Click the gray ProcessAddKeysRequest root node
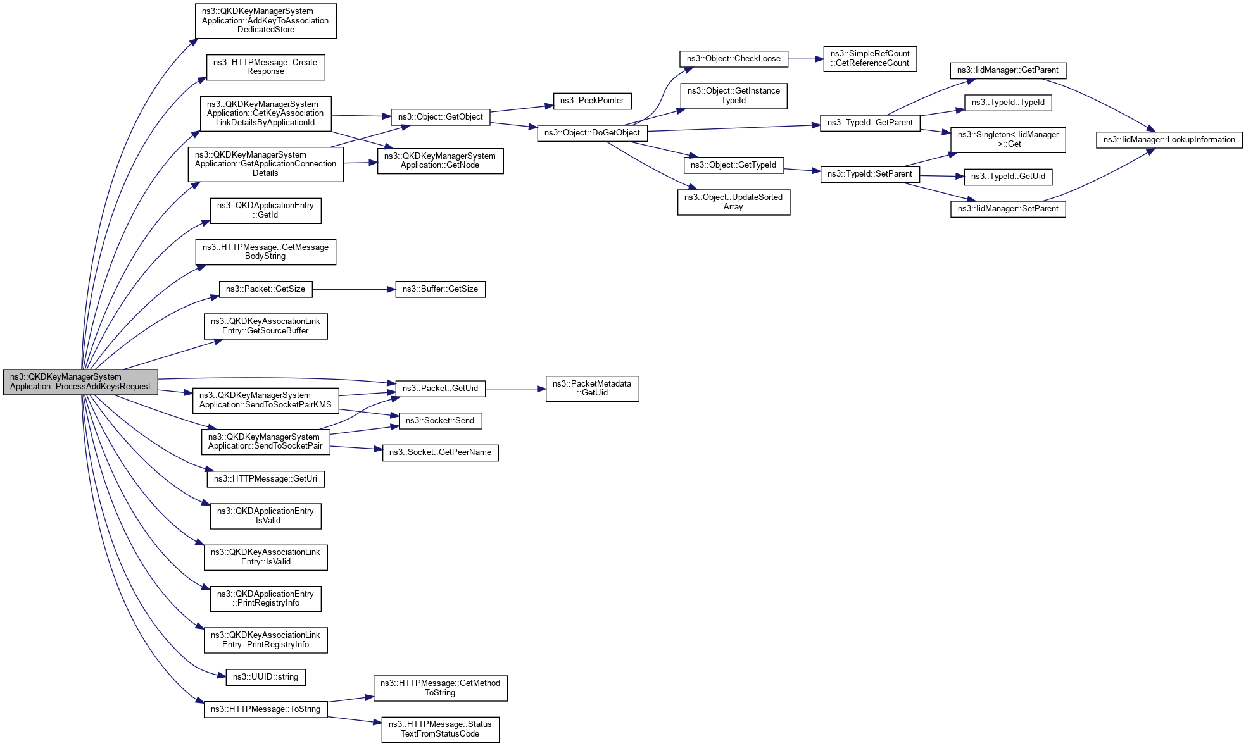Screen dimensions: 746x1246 coord(80,382)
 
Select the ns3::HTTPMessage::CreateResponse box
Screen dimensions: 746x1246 coord(265,67)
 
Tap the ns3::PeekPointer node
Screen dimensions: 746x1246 coord(591,101)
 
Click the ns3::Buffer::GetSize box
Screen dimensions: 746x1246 coord(440,289)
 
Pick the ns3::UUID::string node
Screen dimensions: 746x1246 coord(265,677)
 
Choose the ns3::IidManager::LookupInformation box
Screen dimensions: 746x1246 coord(1169,140)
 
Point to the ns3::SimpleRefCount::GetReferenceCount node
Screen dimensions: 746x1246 coord(869,59)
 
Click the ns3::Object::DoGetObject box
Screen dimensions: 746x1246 coord(592,133)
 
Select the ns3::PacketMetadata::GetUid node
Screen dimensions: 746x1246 coord(592,389)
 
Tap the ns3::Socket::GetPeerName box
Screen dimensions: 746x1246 coord(440,452)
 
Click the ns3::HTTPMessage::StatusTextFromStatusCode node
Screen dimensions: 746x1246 coord(440,730)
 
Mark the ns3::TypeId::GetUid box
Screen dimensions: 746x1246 coord(1008,177)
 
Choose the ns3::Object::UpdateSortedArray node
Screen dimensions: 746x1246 coord(733,202)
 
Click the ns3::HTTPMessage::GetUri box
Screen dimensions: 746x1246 coord(265,479)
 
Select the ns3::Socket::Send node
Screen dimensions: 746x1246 coord(440,421)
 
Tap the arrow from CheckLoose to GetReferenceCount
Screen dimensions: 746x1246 coord(805,59)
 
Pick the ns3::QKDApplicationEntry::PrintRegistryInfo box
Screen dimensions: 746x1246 coord(265,599)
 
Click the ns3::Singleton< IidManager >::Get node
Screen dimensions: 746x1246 coord(1008,140)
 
